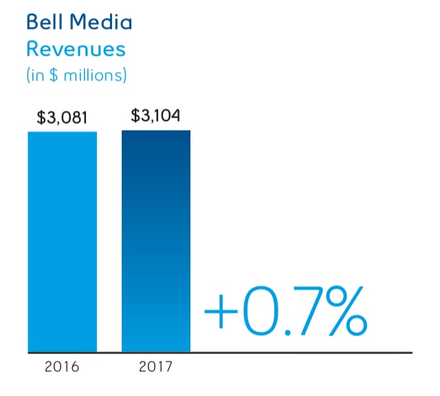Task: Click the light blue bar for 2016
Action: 62,241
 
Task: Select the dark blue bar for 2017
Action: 156,241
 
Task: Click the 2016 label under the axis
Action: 62,366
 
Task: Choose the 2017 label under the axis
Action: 156,366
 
